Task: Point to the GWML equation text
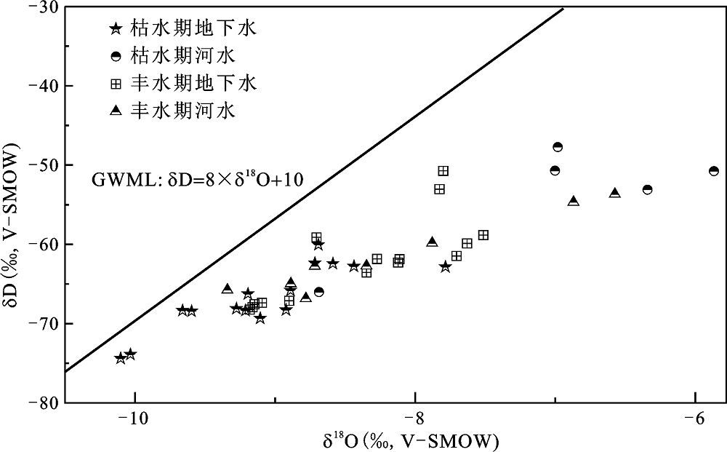point(197,178)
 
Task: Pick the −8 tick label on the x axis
point(414,419)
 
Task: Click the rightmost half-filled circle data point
point(714,171)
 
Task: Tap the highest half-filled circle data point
point(558,147)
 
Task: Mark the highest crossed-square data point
point(443,171)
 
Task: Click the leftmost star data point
point(121,358)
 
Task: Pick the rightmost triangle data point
point(615,193)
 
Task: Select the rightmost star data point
point(446,267)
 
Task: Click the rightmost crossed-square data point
point(483,235)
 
